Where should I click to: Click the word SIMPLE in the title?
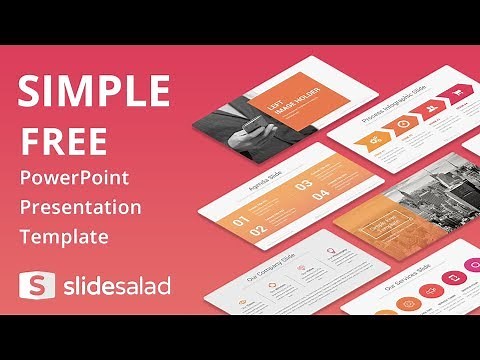pyautogui.click(x=92, y=92)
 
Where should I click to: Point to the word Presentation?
pyautogui.click(x=79, y=210)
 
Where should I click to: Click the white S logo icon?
pyautogui.click(x=33, y=285)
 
